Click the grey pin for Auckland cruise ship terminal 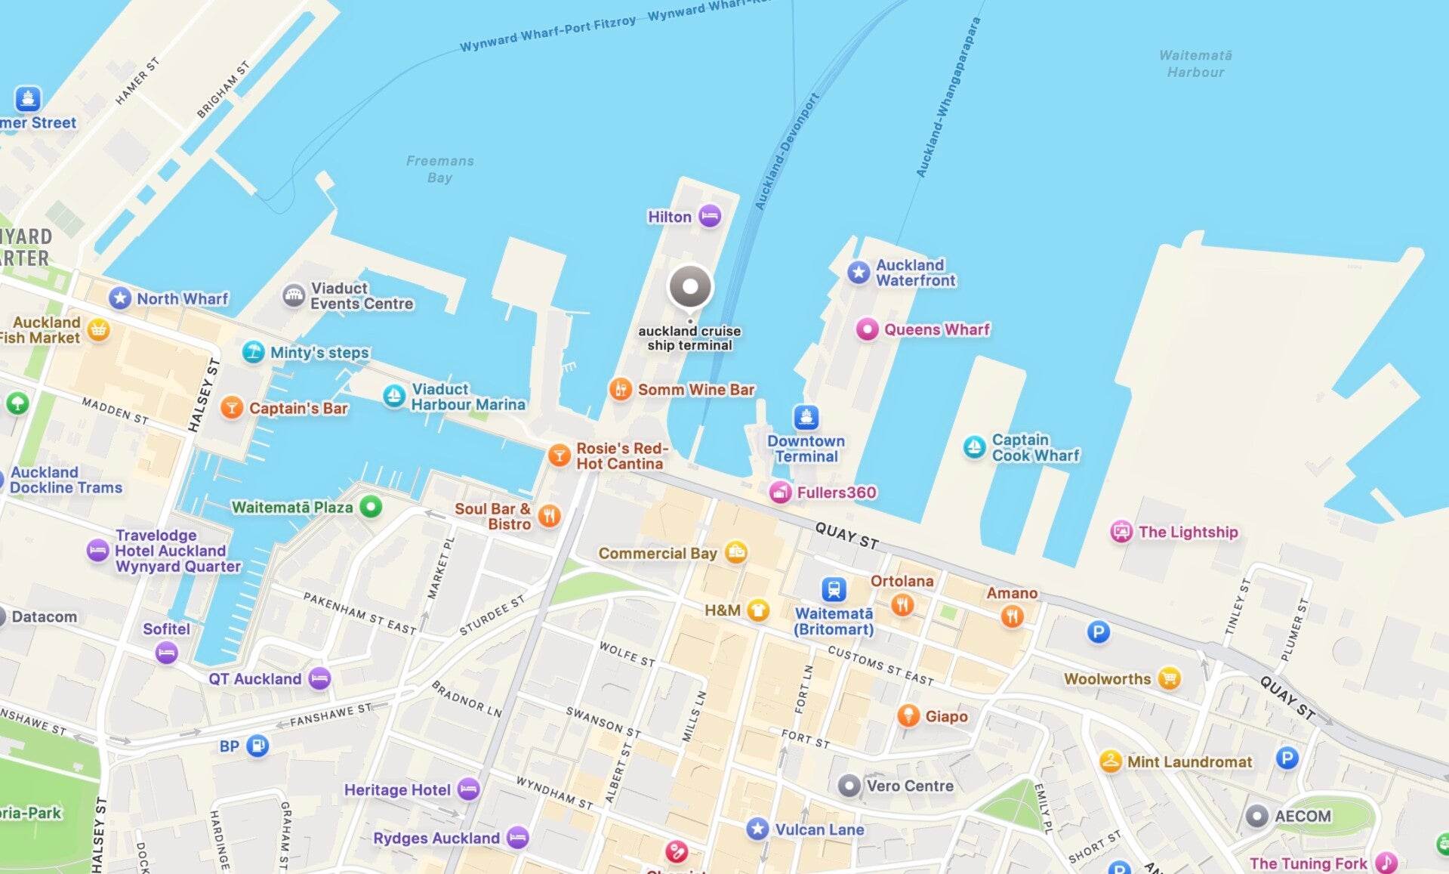click(x=690, y=287)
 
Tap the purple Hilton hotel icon click(x=709, y=216)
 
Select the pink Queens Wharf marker click(x=867, y=329)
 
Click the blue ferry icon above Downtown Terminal click(x=806, y=417)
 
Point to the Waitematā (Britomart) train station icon click(x=834, y=589)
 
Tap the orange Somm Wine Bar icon click(x=620, y=390)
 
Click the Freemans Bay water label click(x=439, y=169)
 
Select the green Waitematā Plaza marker click(x=371, y=507)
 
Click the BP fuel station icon click(x=257, y=746)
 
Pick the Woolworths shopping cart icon click(x=1169, y=678)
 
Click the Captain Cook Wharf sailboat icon click(x=974, y=447)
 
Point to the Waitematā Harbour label click(x=1195, y=63)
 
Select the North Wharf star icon click(x=120, y=298)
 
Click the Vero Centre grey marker click(x=849, y=786)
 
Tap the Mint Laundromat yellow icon click(x=1110, y=761)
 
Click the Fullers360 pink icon click(x=780, y=493)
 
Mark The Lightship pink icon click(x=1121, y=532)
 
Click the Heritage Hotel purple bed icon click(x=468, y=789)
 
